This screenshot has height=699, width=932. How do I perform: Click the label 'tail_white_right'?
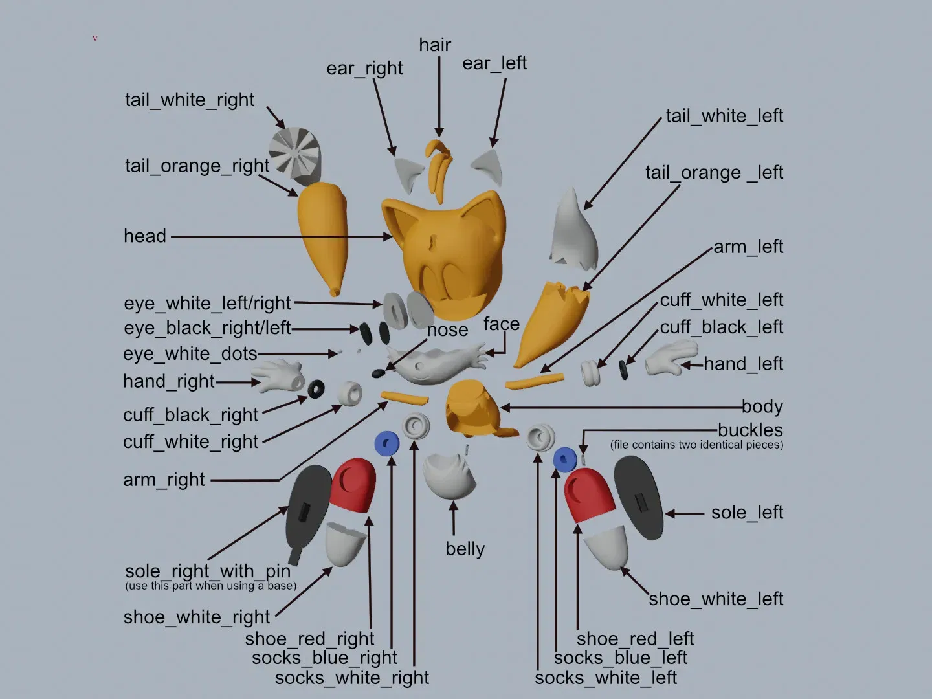click(x=190, y=100)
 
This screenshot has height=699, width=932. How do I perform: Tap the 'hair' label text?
click(x=435, y=45)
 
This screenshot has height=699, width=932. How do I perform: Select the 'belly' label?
click(x=465, y=549)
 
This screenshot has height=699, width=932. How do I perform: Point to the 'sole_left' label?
click(x=747, y=513)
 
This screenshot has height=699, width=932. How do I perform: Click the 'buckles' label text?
click(x=750, y=430)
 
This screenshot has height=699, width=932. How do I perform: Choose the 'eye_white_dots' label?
click(x=190, y=354)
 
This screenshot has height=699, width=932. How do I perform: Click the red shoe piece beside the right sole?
click(x=353, y=485)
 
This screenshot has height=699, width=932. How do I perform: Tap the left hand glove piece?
click(x=671, y=358)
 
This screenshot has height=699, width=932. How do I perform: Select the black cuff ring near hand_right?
click(x=316, y=390)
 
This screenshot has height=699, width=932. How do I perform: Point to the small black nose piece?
click(x=379, y=373)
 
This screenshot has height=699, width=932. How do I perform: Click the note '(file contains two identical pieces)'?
click(x=696, y=445)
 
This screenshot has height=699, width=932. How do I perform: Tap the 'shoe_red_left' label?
click(x=635, y=639)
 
